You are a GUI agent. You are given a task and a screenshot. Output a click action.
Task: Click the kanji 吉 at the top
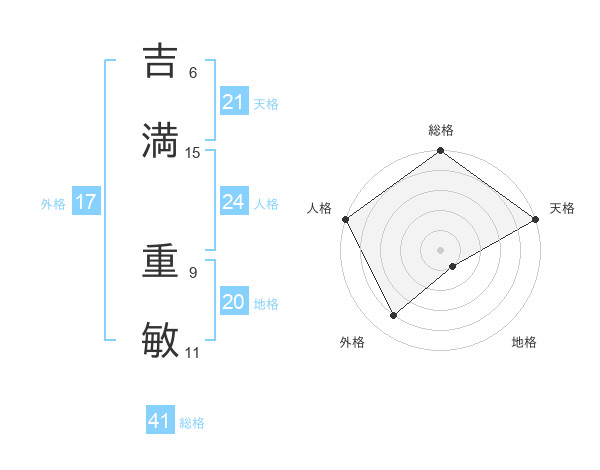coord(161,61)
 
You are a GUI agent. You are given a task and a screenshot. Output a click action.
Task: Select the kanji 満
coord(161,141)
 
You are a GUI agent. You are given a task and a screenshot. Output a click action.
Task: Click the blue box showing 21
coord(233,102)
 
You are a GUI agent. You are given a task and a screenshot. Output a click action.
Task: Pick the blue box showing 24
coord(233,202)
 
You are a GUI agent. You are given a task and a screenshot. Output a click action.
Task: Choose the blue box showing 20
coord(233,302)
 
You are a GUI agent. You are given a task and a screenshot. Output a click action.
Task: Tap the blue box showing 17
coord(85,202)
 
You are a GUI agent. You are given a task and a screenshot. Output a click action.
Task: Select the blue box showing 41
coord(160,421)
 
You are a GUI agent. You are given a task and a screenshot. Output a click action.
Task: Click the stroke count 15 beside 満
coord(193,153)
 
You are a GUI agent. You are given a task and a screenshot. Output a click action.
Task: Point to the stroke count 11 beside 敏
coord(193,353)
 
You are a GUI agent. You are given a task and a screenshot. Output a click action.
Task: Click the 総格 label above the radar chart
coord(441,130)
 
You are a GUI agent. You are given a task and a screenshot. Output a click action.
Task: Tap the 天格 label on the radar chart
coord(562,208)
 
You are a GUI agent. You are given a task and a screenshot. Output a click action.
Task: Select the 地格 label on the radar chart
coord(524,342)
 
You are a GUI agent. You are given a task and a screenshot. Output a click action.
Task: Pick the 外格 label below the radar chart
coord(352,342)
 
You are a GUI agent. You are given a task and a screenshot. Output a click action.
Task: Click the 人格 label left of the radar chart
coord(319,208)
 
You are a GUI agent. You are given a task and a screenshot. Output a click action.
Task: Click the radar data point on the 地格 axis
coord(453,266)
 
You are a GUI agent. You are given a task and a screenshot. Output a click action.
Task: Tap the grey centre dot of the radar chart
coord(441,249)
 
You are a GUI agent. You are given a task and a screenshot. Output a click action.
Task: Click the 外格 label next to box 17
coord(53,203)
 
